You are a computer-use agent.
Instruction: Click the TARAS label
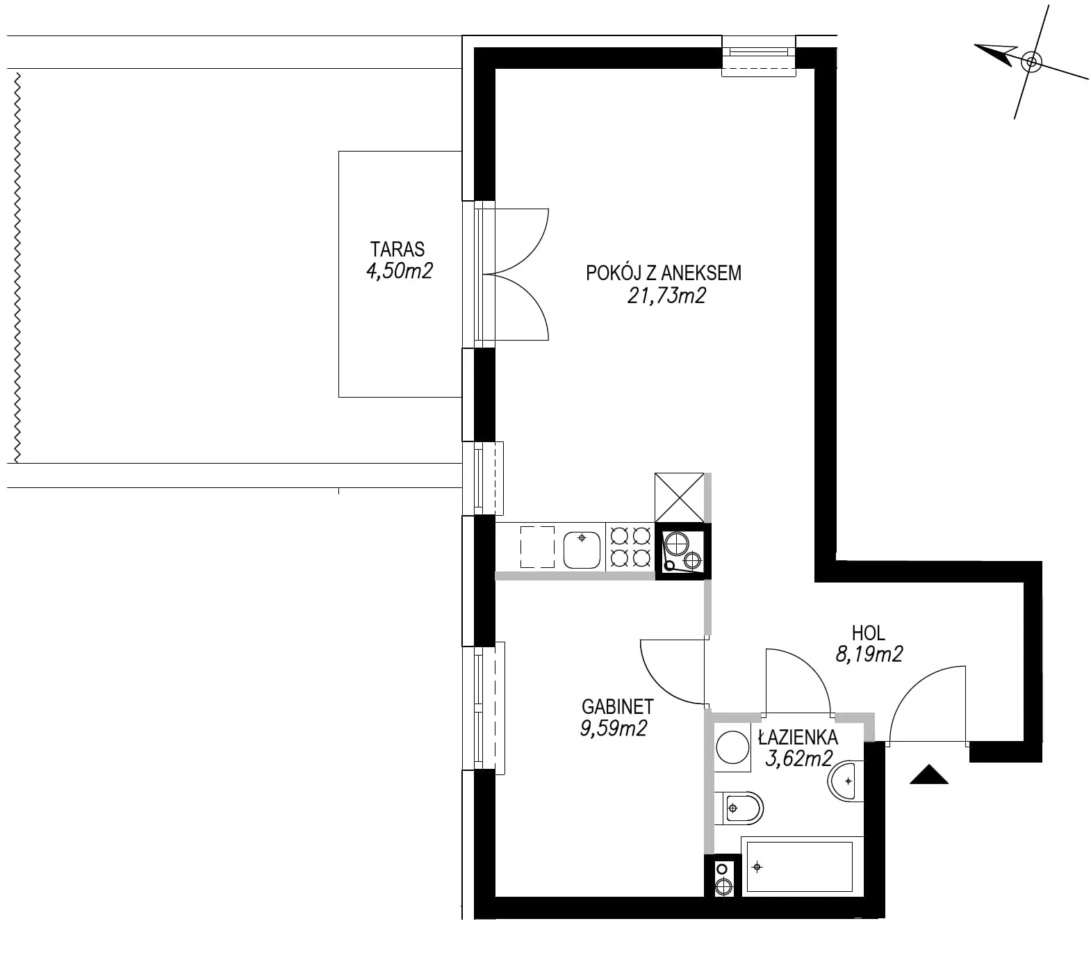click(397, 249)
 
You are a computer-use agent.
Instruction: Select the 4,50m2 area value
click(399, 270)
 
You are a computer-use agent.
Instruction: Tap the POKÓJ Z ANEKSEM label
click(664, 273)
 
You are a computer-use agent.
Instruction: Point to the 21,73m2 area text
click(666, 295)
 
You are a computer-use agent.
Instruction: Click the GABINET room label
click(618, 706)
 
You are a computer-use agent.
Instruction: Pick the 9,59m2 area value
click(613, 728)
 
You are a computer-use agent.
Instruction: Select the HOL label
click(869, 633)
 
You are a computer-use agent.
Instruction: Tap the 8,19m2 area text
click(869, 653)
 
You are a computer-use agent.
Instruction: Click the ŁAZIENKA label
click(798, 738)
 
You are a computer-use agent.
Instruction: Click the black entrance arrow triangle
click(929, 774)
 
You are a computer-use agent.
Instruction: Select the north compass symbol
click(1031, 62)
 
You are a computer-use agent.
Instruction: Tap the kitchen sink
click(582, 548)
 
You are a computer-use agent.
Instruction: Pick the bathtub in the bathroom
click(797, 866)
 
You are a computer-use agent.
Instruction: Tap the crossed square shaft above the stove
click(679, 497)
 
